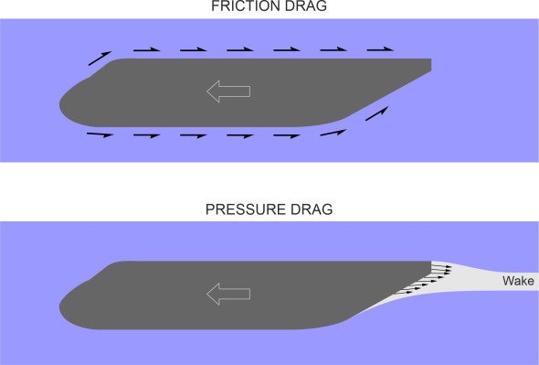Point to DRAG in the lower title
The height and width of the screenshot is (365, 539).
pyautogui.click(x=312, y=209)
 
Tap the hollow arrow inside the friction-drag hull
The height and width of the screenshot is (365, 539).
pyautogui.click(x=227, y=90)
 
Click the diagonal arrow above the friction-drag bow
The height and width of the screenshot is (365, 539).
pyautogui.click(x=100, y=58)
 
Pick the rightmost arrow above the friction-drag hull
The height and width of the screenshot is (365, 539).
pyautogui.click(x=381, y=48)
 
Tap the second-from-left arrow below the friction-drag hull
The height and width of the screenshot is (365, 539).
pyautogui.click(x=147, y=136)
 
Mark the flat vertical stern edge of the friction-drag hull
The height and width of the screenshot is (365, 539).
pyautogui.click(x=430, y=65)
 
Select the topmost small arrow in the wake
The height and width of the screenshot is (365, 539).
pyautogui.click(x=442, y=265)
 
